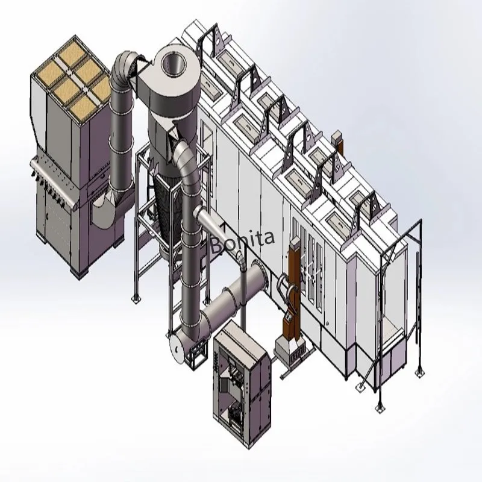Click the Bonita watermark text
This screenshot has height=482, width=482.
coord(243,242)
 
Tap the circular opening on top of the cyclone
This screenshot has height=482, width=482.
coord(174,64)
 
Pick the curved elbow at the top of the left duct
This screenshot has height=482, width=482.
coord(122,68)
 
